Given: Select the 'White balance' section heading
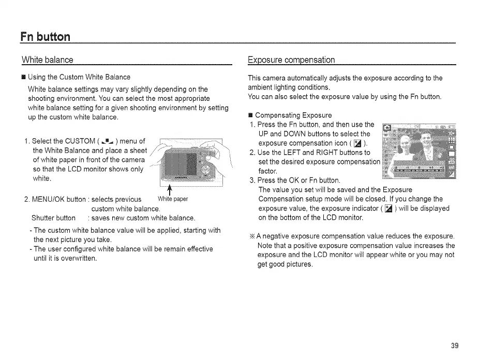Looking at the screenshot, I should (x=48, y=60).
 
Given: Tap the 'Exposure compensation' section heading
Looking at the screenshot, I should (x=292, y=60).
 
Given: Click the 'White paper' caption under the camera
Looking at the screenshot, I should (x=173, y=199).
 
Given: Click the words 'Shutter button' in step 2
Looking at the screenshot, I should (x=54, y=218).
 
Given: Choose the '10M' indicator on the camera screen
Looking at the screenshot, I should (x=451, y=132).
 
